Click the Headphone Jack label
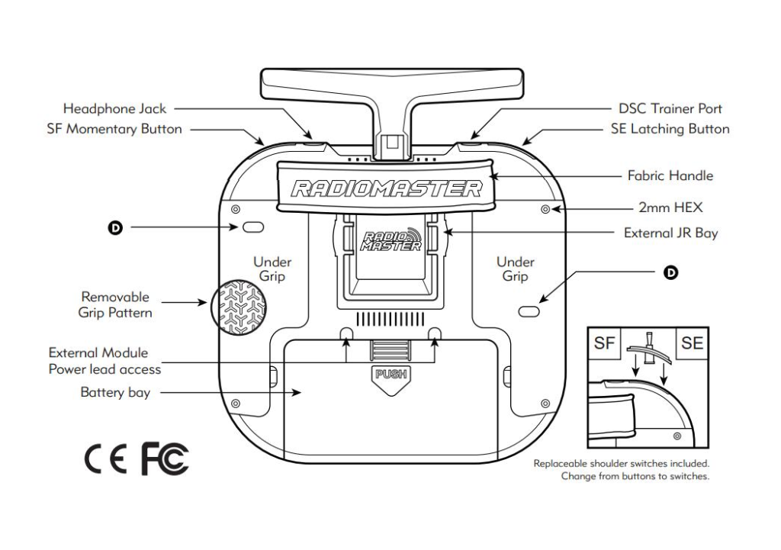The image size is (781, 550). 114,108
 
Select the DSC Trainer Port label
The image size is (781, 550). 670,108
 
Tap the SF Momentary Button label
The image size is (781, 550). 114,129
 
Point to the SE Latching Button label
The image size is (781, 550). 670,129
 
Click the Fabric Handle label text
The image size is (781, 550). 670,175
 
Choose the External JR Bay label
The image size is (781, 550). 670,233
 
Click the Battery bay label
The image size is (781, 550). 115,393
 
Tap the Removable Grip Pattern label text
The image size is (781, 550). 115,304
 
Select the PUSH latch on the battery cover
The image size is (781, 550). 390,375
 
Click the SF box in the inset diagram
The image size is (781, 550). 604,344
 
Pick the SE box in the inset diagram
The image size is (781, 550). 692,344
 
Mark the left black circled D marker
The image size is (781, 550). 114,227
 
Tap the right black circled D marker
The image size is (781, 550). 670,272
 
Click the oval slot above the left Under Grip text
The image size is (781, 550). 253,227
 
